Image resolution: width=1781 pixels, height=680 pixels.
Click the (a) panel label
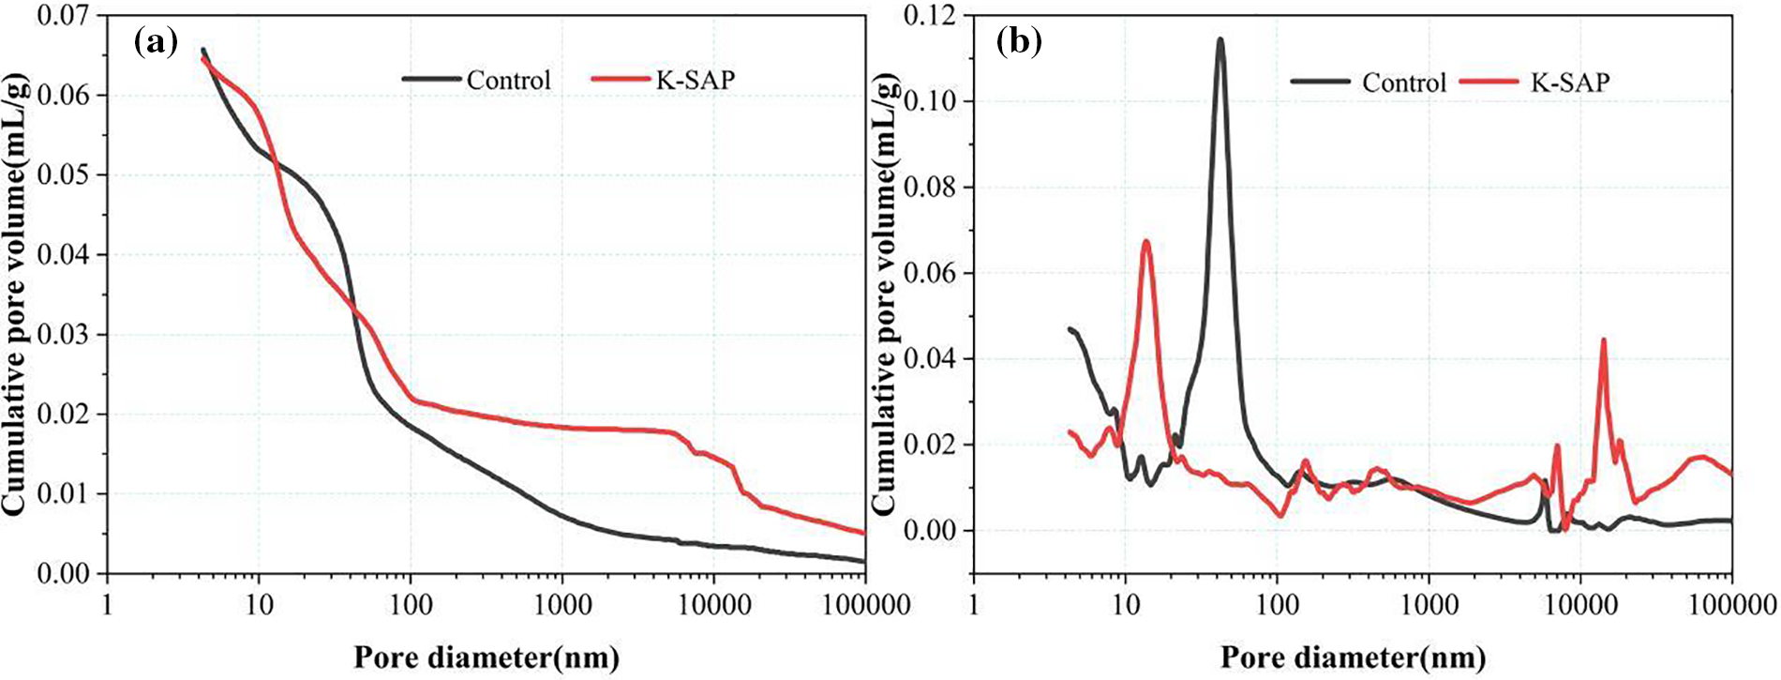[x=156, y=42]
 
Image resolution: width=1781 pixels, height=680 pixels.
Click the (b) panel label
[x=1020, y=42]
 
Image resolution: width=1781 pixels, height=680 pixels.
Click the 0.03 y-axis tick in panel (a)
[x=64, y=335]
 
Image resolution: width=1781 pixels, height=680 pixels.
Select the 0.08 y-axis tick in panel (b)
[x=931, y=188]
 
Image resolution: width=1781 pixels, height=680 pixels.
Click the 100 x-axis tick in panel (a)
[x=410, y=604]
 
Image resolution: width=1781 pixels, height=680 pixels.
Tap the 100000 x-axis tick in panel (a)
[x=864, y=604]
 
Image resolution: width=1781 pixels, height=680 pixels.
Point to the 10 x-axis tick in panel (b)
[x=1125, y=604]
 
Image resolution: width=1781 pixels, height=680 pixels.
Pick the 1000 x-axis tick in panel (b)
[x=1429, y=604]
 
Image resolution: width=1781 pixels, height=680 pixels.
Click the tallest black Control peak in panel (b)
[x=1220, y=40]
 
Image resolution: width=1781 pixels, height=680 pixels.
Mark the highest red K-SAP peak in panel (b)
[x=1145, y=242]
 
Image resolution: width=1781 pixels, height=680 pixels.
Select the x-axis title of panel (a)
[x=486, y=657]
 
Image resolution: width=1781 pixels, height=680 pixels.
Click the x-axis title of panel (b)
[x=1352, y=657]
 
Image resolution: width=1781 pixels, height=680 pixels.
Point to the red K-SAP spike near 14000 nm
[x=1603, y=340]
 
